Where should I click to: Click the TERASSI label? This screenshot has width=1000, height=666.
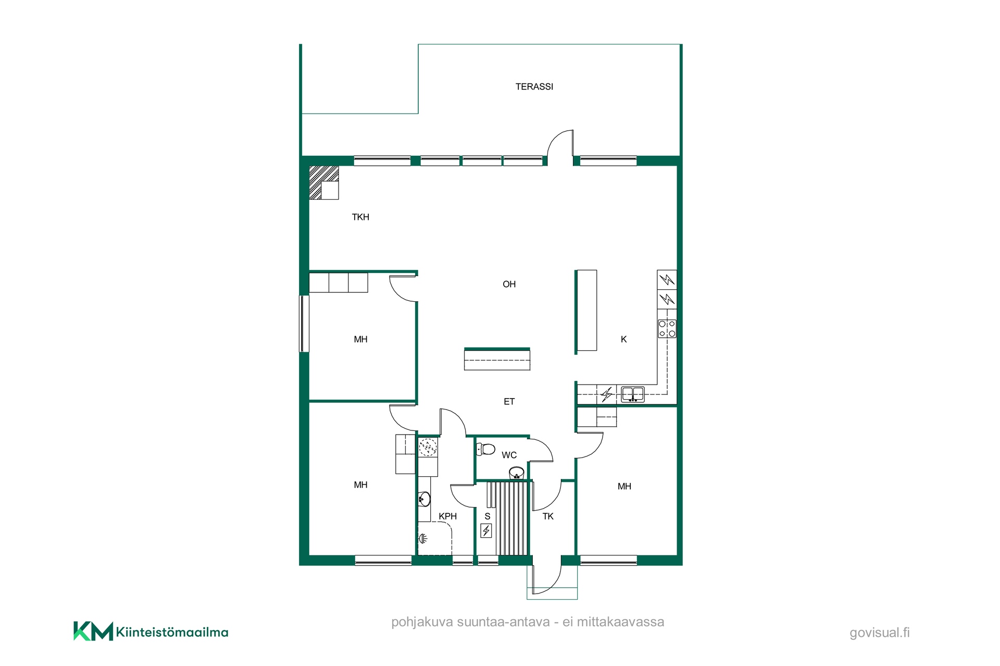(x=534, y=87)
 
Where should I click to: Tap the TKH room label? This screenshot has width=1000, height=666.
(x=360, y=217)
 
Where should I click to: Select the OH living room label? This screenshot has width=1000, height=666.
(x=509, y=285)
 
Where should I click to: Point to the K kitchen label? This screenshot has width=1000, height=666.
(x=623, y=339)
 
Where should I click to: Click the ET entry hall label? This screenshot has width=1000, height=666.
(x=509, y=402)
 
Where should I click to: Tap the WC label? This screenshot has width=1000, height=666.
(x=509, y=455)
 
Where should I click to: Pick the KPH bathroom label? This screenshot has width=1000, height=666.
(x=447, y=516)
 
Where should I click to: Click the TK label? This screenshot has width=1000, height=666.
(x=548, y=516)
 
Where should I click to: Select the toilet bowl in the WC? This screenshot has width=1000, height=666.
(x=485, y=449)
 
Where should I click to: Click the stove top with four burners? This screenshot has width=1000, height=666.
(x=667, y=329)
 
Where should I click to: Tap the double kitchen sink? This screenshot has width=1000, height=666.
(x=633, y=394)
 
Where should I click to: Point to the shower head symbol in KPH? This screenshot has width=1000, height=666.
(x=423, y=538)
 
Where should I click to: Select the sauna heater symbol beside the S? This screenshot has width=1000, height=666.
(x=486, y=531)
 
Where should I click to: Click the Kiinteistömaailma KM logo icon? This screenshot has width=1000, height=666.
(x=93, y=631)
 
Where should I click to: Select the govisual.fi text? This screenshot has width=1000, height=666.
(x=880, y=633)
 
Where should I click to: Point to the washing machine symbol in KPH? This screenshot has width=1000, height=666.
(x=428, y=447)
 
